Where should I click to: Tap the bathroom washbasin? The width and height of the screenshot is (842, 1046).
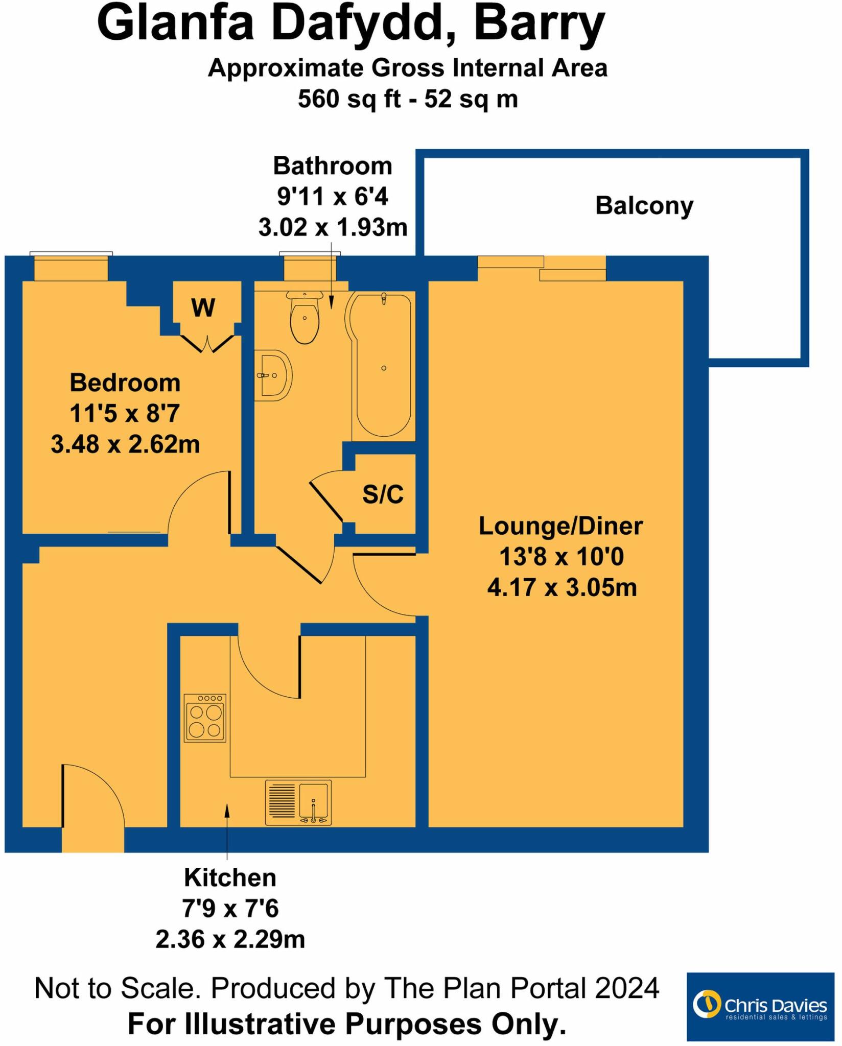[273, 375]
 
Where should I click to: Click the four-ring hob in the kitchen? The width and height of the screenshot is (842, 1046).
[205, 718]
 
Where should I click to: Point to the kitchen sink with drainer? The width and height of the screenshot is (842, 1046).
[298, 802]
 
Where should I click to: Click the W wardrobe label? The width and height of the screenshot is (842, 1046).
[203, 308]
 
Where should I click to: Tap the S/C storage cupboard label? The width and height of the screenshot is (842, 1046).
[383, 494]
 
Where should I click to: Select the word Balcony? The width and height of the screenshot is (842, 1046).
[644, 206]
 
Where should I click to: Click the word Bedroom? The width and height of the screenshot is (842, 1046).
[125, 383]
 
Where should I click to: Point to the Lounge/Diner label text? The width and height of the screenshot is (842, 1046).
[560, 526]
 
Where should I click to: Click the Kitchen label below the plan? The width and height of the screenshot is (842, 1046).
[230, 878]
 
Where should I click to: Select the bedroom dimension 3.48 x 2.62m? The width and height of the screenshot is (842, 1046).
[125, 444]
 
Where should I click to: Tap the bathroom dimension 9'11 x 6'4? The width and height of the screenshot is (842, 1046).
[333, 197]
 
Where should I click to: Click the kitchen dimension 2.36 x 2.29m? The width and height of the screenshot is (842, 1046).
[230, 939]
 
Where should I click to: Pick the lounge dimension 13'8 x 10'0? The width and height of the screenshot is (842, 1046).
[562, 557]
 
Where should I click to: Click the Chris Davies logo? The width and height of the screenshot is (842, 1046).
[760, 1006]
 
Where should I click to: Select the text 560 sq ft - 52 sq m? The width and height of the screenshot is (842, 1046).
[408, 99]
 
